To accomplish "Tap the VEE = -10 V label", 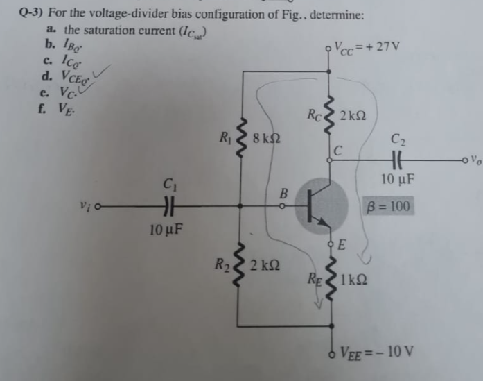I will click(x=378, y=350).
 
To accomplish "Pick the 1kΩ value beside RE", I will click(x=356, y=281).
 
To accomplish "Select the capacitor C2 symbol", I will click(x=398, y=160).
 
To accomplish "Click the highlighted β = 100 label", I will click(x=389, y=206).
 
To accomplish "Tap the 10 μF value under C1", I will click(x=165, y=230).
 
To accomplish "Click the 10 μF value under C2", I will click(x=397, y=182).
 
